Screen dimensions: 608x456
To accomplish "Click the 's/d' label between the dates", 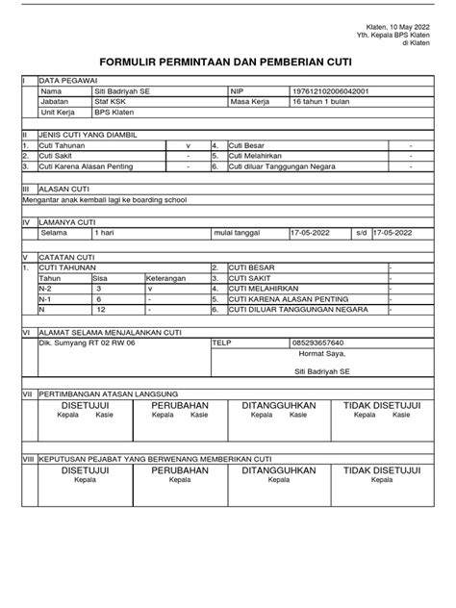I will pyautogui.click(x=361, y=232).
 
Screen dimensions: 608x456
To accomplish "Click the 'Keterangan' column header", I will pyautogui.click(x=165, y=278).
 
